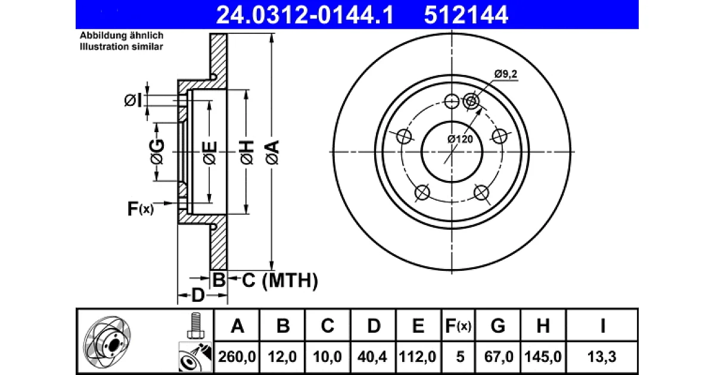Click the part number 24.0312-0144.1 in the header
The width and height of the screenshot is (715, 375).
coord(305,15)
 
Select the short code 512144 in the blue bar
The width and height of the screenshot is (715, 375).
coord(466,15)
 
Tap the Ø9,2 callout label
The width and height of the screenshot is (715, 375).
coord(506,74)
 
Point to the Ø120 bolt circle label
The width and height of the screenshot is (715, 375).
coord(460,139)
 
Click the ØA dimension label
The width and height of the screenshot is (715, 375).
coord(272,152)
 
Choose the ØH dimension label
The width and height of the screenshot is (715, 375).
coord(247,152)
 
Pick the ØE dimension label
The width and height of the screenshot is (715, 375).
coord(210,153)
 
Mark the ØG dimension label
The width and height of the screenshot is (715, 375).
coord(157,152)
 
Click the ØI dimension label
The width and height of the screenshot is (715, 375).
coord(133,101)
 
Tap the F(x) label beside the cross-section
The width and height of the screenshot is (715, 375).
coord(141,209)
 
